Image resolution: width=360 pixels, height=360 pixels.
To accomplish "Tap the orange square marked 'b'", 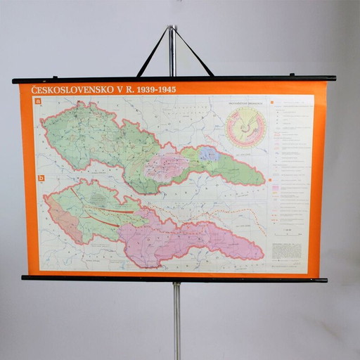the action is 41,179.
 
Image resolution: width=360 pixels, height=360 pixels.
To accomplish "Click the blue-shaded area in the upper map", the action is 208,153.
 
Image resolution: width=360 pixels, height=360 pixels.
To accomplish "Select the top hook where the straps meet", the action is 172,30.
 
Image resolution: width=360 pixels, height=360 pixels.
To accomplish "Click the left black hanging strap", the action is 152,53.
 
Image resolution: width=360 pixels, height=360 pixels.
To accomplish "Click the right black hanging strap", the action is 194,53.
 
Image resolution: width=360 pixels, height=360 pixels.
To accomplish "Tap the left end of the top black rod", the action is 15,81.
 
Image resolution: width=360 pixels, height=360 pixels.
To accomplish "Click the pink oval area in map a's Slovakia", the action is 166,167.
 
